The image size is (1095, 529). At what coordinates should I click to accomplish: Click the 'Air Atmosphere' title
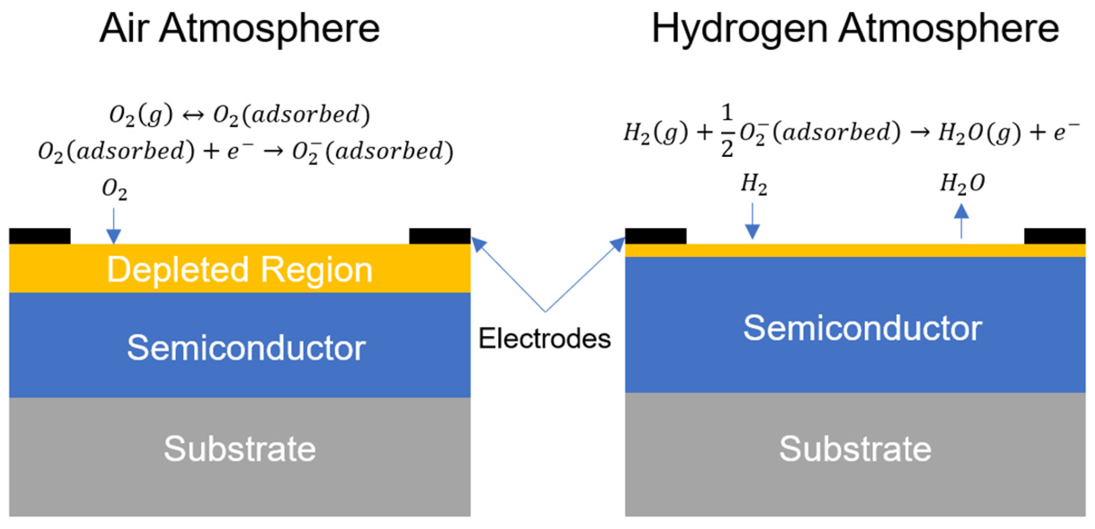coord(239,29)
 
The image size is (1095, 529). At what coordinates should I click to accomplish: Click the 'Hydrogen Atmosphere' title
coord(855,29)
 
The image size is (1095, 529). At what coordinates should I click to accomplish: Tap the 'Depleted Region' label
coord(239,270)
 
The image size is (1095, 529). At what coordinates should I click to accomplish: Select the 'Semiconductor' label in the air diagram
coord(246,348)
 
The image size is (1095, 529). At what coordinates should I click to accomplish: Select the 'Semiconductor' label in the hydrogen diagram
coord(862,329)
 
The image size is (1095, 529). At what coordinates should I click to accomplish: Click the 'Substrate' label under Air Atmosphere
coord(239,449)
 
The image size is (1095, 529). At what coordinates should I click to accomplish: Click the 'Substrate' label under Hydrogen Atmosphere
coord(855,449)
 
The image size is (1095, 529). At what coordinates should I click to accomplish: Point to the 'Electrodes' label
coord(544,339)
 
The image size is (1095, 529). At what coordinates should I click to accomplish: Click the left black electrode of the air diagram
coord(40,236)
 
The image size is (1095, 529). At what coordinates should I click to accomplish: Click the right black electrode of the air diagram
coord(440,236)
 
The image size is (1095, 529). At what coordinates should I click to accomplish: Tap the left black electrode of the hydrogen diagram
coord(656,236)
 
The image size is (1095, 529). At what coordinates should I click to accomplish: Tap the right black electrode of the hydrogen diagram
coord(1055,236)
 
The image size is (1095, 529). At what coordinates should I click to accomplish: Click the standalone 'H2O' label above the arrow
coord(962,184)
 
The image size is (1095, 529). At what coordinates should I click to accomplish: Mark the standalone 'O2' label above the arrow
coord(115,189)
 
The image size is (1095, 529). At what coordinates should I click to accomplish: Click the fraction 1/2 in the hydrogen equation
coord(727,131)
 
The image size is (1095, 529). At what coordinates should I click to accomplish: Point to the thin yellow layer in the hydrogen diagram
coord(855,251)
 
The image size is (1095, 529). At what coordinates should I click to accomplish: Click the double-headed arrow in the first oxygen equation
coord(193,115)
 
